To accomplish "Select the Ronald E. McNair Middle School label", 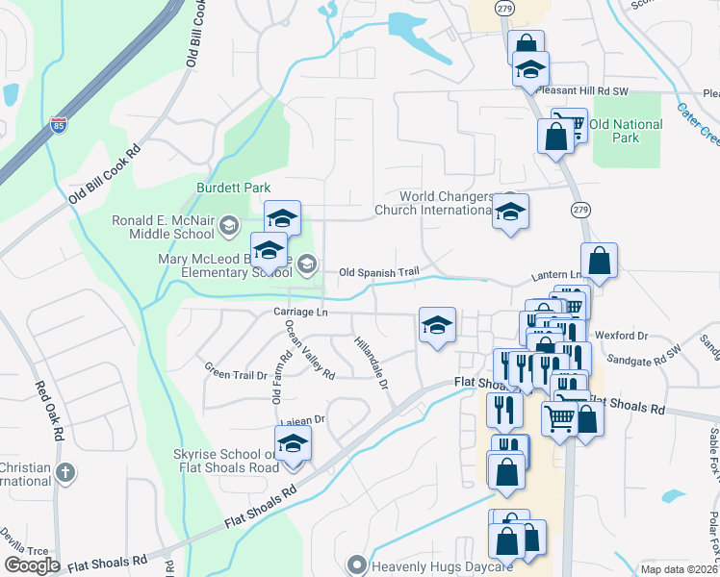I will (163, 227).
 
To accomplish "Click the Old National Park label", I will (626, 131).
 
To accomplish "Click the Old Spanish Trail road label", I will (379, 273).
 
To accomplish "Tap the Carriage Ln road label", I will (301, 313).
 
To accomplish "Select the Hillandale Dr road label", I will (371, 363).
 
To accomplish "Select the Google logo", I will (32, 565).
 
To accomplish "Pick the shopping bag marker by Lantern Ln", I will (599, 261).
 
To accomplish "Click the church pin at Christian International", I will (64, 473).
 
